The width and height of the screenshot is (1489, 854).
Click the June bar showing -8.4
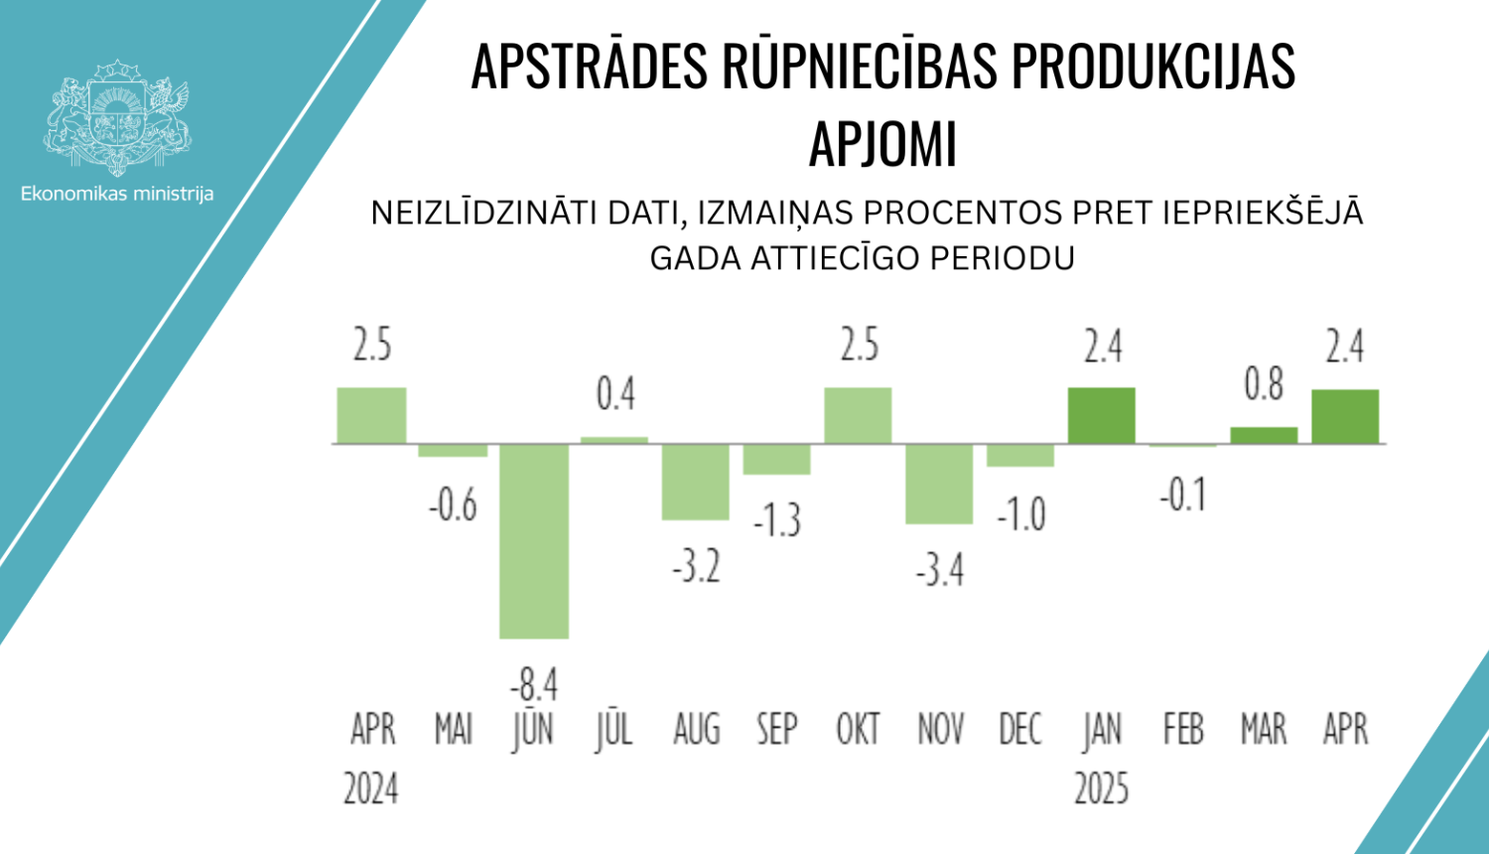pos(534,540)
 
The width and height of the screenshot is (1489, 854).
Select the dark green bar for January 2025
pos(1102,415)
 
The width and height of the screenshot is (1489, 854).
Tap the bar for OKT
pos(858,415)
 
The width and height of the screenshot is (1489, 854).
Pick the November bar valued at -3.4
pos(939,484)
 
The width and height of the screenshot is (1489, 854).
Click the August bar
pos(696,482)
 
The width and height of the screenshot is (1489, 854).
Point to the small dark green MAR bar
pos(1264,435)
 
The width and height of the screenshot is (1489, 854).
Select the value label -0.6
pos(453,506)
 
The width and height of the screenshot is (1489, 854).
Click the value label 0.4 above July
pos(615,395)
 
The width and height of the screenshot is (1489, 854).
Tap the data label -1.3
pos(776,520)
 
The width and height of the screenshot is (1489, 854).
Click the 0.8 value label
pos(1264,384)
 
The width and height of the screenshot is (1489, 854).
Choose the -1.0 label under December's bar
pos(1020,514)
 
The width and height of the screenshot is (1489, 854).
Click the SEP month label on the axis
pos(776,730)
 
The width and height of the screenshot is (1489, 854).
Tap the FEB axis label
pos(1183,730)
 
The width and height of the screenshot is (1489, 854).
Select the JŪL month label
pos(614,730)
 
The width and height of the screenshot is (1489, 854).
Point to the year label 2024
pos(371,789)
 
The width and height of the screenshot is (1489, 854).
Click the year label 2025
pos(1102,789)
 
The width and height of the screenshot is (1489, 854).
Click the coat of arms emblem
pos(117,116)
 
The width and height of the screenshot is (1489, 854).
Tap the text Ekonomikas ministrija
pos(117,194)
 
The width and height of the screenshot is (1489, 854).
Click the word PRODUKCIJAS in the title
pos(1152,67)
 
